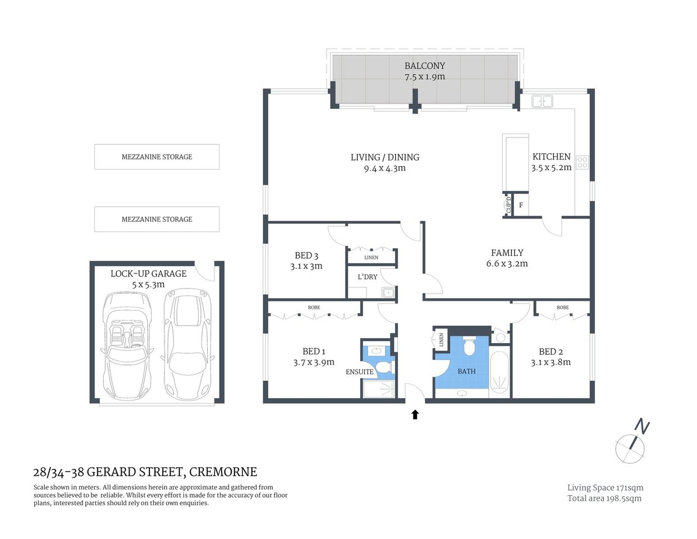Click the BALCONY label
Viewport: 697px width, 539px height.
pos(424,66)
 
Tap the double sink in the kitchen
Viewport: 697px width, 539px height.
pos(542,101)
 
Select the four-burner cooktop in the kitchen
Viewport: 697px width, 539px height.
pos(582,162)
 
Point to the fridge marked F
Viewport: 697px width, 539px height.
pos(521,205)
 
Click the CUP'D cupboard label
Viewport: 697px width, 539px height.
pos(508,204)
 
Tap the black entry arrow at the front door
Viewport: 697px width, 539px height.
pos(415,415)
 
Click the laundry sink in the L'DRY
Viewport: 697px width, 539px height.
pos(387,292)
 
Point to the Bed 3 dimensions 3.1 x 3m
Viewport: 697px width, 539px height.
pos(306,266)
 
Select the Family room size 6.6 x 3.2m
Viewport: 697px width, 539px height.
pos(507,263)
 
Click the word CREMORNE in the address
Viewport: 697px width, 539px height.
pos(223,472)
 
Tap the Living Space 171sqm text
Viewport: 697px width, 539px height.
pos(605,488)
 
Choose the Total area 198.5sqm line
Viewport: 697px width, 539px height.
pos(604,498)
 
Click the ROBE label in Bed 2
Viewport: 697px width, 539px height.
pos(562,308)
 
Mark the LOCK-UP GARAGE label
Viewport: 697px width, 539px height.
pos(148,273)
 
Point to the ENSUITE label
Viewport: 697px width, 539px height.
pos(359,372)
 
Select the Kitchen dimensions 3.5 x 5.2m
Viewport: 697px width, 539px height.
pos(551,167)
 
